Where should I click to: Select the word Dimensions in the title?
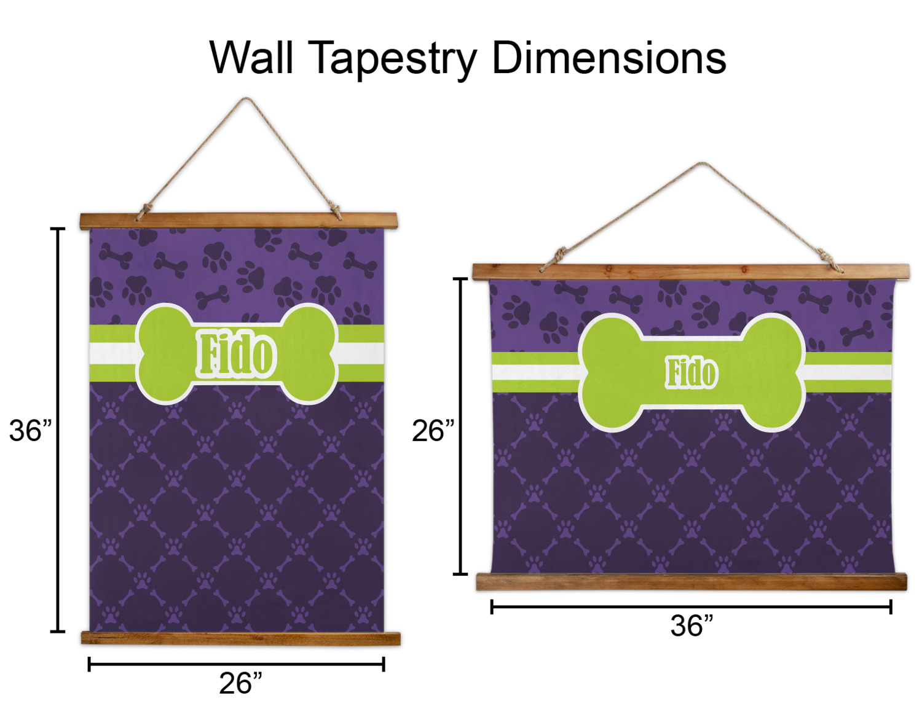609,58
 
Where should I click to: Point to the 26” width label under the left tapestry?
240,683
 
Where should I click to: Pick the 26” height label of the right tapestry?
433,431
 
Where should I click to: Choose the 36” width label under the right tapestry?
691,626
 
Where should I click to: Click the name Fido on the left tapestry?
237,355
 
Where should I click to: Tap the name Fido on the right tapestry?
691,373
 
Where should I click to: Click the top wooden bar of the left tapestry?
238,221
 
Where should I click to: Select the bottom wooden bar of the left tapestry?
240,638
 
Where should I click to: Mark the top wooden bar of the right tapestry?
690,271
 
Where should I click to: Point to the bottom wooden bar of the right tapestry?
691,581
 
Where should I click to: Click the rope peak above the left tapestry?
246,100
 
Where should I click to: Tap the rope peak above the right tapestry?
703,164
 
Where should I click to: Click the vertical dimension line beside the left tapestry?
58,430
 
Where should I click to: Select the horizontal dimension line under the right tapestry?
691,607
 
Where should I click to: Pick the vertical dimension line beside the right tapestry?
460,426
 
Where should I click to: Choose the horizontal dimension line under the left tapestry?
237,664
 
